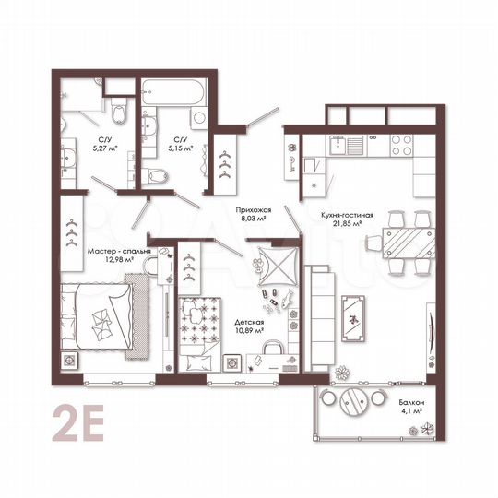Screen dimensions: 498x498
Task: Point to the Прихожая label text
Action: click(250, 211)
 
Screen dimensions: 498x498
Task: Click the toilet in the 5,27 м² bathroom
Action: click(118, 114)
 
